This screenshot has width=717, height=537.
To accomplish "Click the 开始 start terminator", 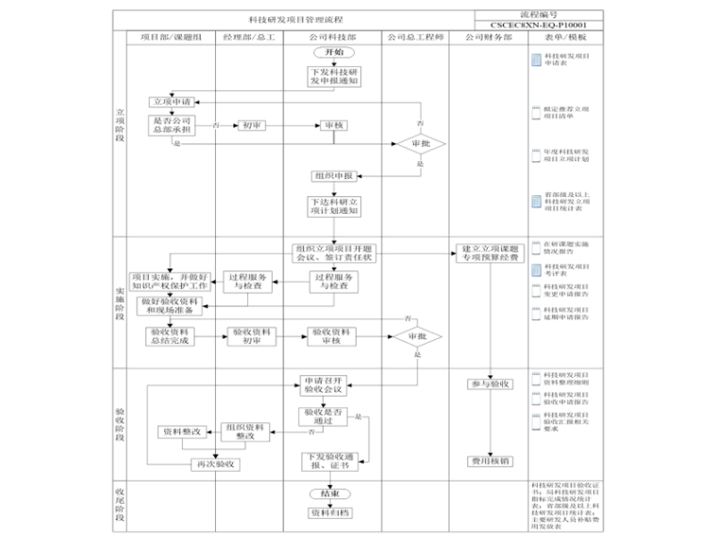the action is (x=333, y=52).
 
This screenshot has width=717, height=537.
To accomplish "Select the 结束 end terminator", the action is (x=330, y=494).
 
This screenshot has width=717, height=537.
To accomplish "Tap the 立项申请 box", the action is (x=172, y=101).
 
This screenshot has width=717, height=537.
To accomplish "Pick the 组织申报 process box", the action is (x=333, y=175).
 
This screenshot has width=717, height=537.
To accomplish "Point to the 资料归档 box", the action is (x=330, y=513).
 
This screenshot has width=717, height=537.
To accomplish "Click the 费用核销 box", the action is (x=490, y=462).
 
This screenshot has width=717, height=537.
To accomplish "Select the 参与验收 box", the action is (x=490, y=384).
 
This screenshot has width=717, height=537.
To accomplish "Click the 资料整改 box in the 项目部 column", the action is (x=181, y=431).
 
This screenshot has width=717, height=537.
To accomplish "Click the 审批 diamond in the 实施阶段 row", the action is (x=417, y=337).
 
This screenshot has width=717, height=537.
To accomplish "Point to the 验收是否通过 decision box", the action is (x=323, y=416).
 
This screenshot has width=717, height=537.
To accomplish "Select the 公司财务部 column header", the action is (x=489, y=37).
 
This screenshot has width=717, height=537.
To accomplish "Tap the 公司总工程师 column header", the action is (x=413, y=37).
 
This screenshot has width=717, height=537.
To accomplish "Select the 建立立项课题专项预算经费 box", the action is (x=490, y=252).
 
